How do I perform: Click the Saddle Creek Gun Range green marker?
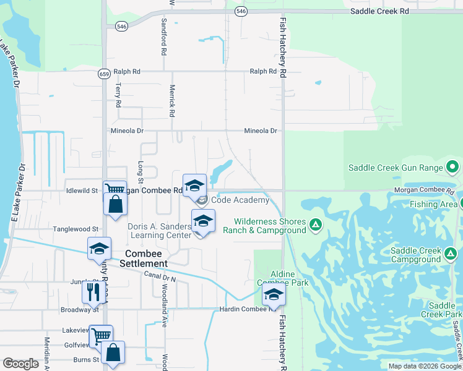point(452,168)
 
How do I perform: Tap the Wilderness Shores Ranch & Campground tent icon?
point(315,224)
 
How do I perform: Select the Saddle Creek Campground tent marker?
point(451,252)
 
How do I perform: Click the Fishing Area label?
point(433,203)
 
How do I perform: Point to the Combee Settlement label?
point(147,258)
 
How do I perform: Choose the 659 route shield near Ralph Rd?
point(104,74)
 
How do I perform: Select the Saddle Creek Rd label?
point(380,11)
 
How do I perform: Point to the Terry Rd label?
point(117,96)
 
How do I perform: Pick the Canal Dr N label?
point(160,276)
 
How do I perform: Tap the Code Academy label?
point(240,200)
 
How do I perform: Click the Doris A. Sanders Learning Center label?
point(159,231)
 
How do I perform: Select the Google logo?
point(20,364)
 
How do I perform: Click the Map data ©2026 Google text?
point(425,366)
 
